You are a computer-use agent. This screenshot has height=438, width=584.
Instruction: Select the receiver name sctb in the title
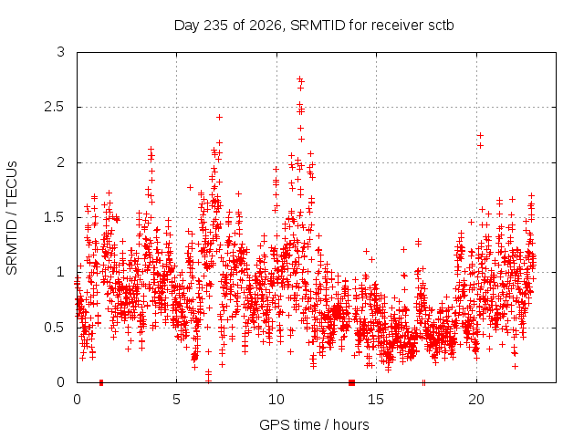[441, 26]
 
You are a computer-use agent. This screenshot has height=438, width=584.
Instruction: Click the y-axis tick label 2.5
[55, 108]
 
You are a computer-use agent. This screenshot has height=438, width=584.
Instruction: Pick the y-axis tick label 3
[61, 52]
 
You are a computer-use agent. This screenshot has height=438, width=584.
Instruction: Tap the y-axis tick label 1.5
[55, 217]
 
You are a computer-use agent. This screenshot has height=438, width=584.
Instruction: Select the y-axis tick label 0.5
[55, 328]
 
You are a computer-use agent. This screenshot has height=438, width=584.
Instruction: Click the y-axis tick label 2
[61, 162]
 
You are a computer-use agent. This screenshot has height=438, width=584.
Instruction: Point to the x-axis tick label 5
[176, 400]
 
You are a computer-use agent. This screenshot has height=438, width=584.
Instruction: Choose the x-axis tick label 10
[276, 400]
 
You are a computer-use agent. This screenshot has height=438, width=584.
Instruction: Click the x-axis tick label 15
[376, 400]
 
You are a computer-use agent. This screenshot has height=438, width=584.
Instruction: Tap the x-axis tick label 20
[476, 400]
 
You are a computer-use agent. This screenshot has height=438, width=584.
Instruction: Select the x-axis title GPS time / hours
[314, 425]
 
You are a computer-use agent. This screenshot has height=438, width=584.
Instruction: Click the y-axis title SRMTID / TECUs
[12, 218]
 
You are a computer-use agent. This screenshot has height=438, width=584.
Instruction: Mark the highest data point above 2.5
[299, 79]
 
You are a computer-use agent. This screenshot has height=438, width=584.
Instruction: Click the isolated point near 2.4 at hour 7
[219, 118]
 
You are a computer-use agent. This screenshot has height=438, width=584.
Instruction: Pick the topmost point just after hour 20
[481, 136]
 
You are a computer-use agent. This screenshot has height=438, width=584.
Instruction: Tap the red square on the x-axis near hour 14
[351, 382]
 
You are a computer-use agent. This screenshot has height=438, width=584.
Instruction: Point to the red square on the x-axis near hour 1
[101, 382]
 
